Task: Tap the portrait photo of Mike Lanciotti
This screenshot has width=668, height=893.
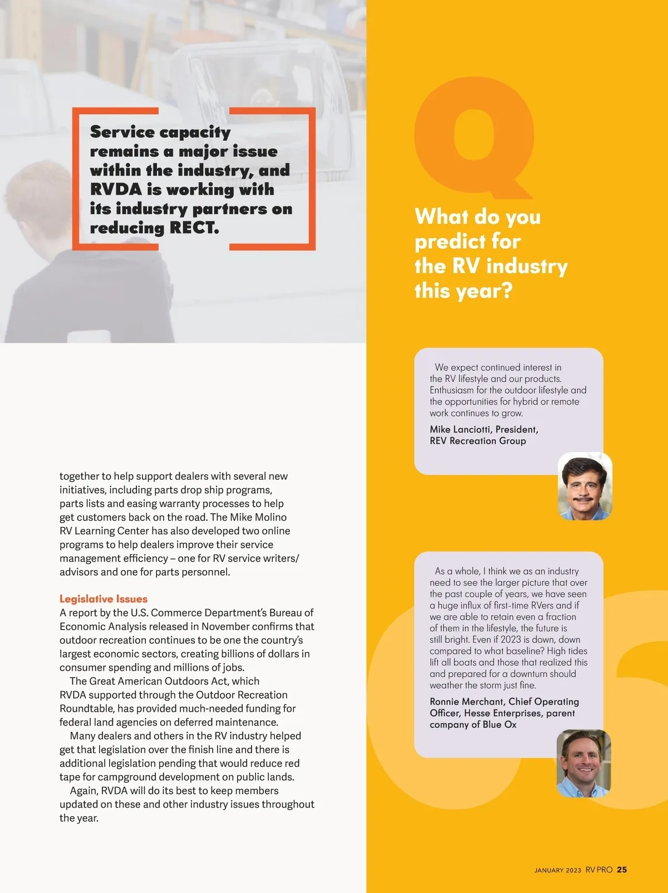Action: (584, 486)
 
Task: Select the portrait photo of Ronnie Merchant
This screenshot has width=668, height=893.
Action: (583, 763)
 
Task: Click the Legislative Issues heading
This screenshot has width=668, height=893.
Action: (104, 599)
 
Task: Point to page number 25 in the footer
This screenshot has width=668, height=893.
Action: (622, 870)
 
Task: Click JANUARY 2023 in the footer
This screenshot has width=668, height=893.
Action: (557, 870)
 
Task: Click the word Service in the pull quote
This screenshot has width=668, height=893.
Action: (122, 132)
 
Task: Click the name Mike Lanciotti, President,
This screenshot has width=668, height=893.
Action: (484, 429)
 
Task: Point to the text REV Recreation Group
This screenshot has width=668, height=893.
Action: (478, 441)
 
